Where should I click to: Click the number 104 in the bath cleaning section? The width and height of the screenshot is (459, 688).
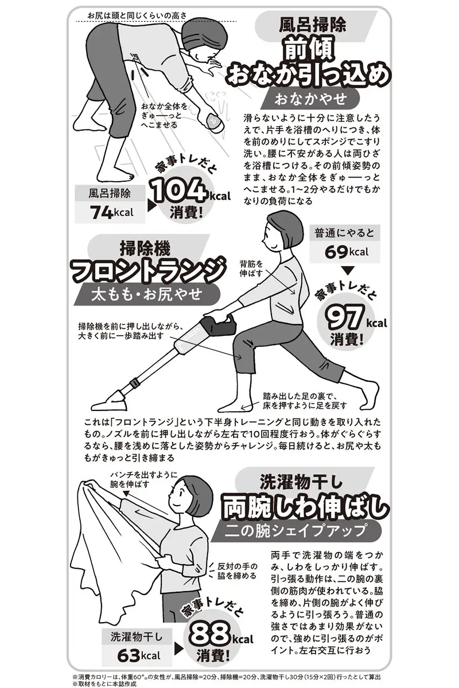click(x=179, y=192)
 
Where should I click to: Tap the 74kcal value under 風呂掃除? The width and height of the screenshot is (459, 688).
click(x=112, y=213)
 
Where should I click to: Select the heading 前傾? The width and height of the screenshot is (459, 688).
click(x=309, y=50)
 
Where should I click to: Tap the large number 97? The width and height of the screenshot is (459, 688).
click(x=344, y=318)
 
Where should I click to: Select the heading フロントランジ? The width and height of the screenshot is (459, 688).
click(x=147, y=271)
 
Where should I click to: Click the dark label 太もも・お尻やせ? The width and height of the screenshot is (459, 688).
click(x=146, y=295)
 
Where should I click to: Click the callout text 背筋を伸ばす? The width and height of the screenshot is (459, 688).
click(x=251, y=268)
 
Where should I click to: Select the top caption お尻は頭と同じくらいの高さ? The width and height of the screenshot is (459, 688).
click(x=137, y=15)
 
